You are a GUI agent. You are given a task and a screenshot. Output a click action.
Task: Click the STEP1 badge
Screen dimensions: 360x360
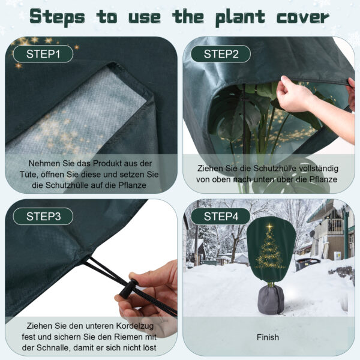43,54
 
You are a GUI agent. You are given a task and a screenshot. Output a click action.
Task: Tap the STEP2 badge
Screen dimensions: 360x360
221,54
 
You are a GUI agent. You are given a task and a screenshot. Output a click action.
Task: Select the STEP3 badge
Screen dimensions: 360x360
43,216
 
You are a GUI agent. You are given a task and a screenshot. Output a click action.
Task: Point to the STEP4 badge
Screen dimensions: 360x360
221,216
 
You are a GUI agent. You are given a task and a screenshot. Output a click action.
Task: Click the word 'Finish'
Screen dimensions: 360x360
268,337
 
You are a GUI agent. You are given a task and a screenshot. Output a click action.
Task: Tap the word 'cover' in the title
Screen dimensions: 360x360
303,17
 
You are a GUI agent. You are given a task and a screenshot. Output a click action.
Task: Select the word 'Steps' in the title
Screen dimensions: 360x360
57,17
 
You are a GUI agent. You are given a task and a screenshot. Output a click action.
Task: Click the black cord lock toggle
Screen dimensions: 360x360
129,288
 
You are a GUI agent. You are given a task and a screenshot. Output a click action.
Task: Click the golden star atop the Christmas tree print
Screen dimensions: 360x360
270,227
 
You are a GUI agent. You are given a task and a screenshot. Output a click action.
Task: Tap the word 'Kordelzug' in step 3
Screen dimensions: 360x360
135,326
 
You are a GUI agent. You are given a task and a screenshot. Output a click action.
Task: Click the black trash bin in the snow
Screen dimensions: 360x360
307,264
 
